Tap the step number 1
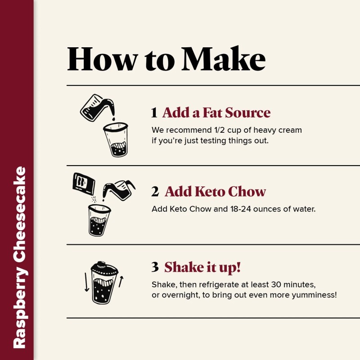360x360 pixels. pos(154,113)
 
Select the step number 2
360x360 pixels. pos(155,192)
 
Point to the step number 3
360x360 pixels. pos(155,267)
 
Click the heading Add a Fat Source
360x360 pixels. pos(216,112)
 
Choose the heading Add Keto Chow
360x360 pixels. pos(216,192)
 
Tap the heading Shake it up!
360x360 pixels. pos(202,267)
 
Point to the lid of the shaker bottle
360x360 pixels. pos(104,269)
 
